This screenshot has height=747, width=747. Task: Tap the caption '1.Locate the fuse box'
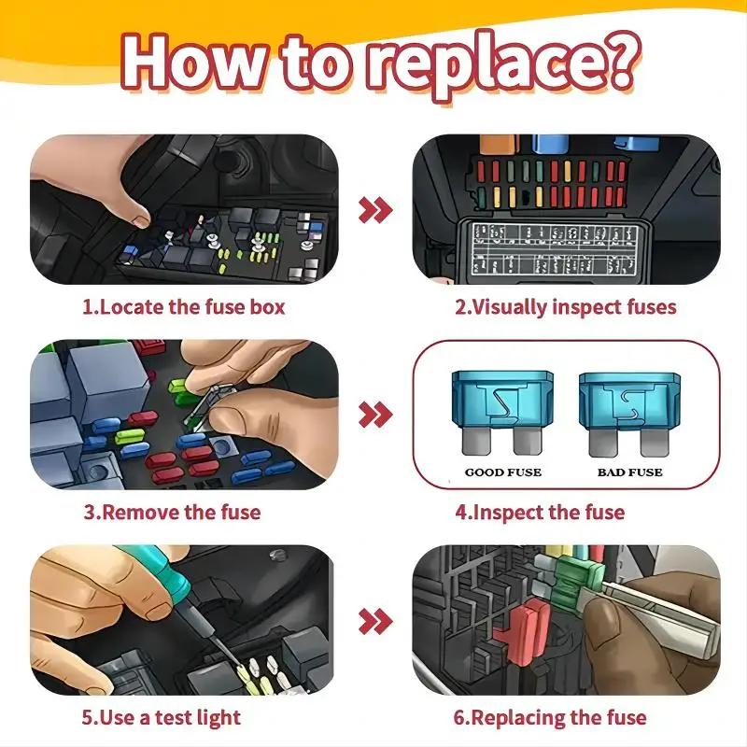183,306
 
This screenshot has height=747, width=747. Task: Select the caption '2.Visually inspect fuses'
565,306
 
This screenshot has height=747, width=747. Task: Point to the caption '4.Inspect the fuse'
540,512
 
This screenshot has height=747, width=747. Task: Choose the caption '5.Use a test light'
161,717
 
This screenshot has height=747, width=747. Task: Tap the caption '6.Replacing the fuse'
550,717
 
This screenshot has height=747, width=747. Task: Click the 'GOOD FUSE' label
503,472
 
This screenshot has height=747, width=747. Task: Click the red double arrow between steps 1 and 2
375,209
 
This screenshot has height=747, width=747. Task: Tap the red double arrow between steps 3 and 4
375,414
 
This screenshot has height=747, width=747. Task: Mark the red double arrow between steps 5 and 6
375,619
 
